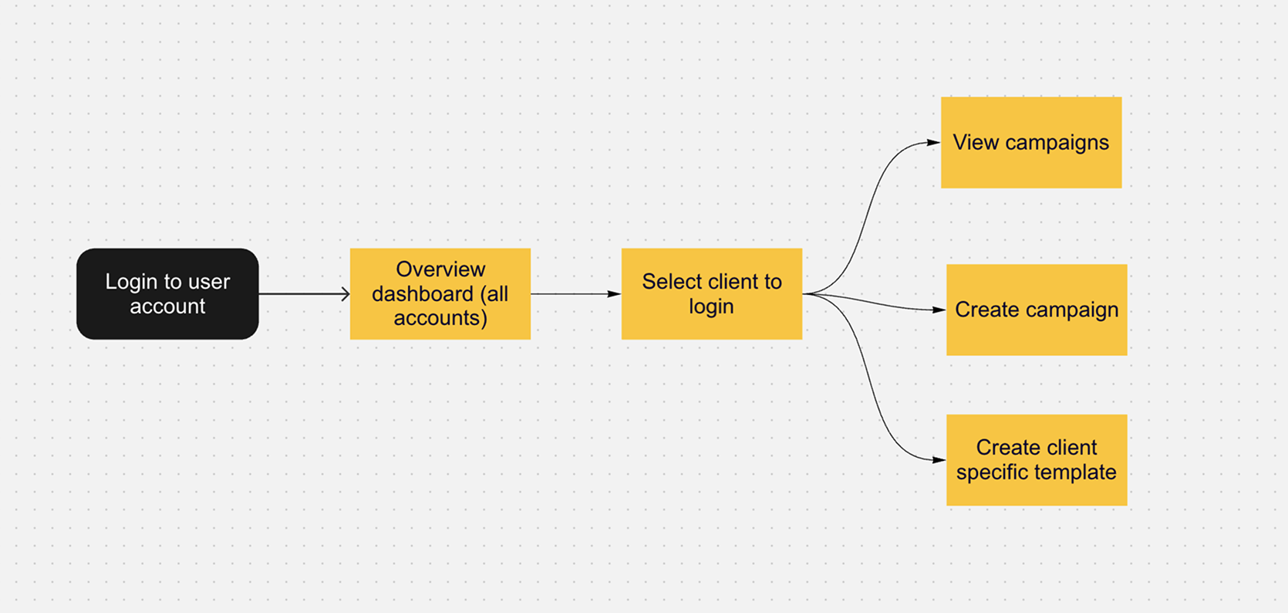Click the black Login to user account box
pos(167,293)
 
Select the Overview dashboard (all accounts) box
pos(440,293)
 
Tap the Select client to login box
pos(712,293)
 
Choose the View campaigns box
pos(1031,142)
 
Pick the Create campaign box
pos(1037,310)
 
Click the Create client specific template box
pos(1037,460)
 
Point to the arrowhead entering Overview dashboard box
pos(345,294)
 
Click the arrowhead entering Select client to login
pos(615,294)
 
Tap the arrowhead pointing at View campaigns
pos(934,142)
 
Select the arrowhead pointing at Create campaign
pos(939,310)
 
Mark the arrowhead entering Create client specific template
pos(939,460)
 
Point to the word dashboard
pos(423,293)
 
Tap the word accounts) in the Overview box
pos(440,318)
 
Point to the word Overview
pos(440,269)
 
